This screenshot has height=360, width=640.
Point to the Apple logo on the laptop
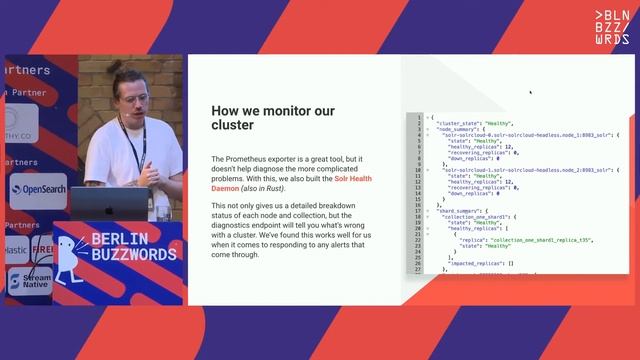(x=110, y=210)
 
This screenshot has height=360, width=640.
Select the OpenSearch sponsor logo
(x=38, y=189)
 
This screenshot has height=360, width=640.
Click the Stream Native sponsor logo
(x=30, y=281)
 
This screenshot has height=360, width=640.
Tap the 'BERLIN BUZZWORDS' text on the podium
(x=133, y=247)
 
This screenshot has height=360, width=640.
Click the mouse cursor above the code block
(x=530, y=92)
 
